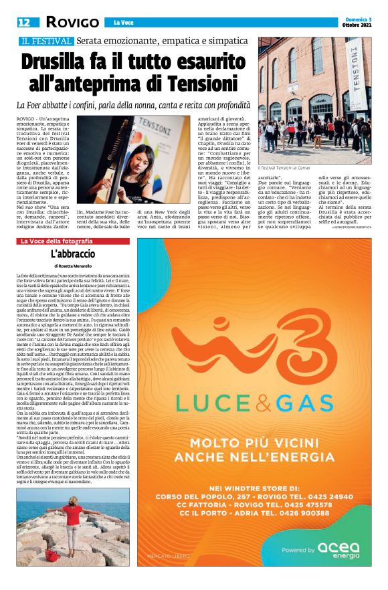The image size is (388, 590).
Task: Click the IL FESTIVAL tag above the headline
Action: (45, 41)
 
